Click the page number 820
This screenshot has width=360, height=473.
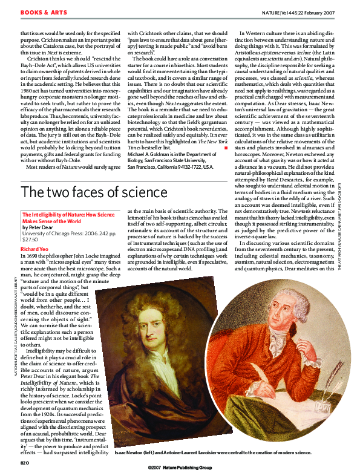pos(24,462)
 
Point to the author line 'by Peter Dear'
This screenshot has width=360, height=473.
pos(38,227)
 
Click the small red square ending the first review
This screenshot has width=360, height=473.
pos(225,147)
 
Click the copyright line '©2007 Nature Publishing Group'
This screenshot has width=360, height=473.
pos(180,468)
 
